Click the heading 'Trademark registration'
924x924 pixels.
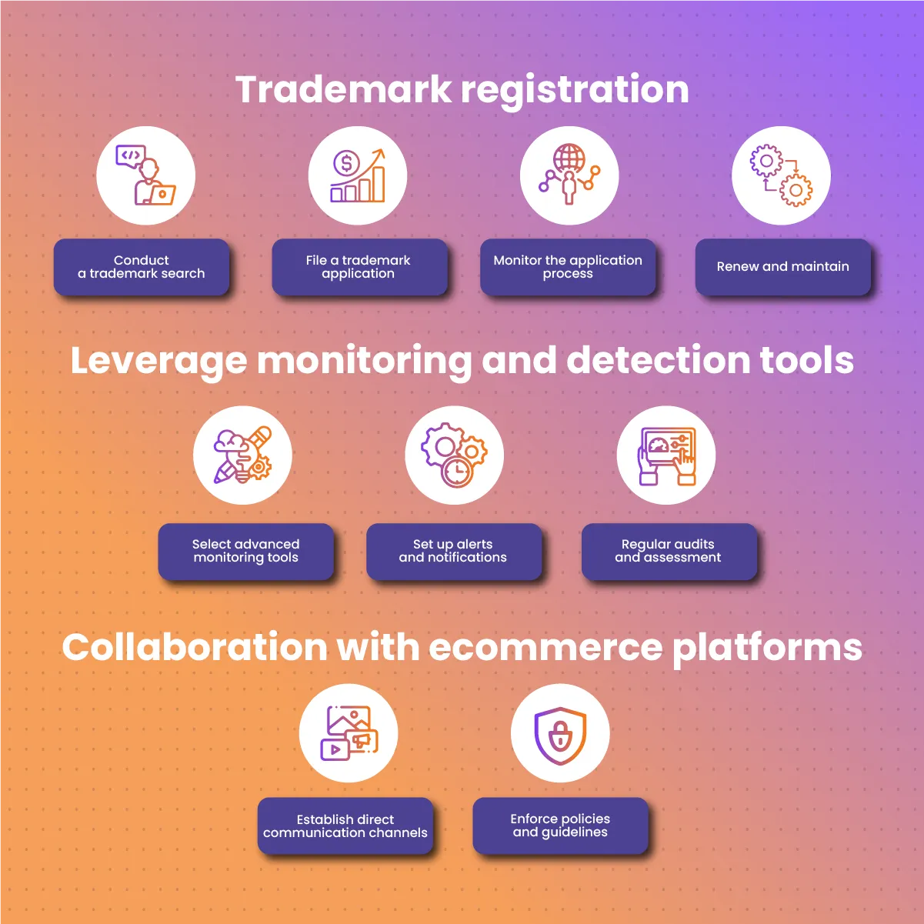[462, 90]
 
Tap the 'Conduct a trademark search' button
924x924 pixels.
[142, 267]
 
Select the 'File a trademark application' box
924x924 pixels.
[359, 267]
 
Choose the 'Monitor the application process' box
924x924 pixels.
[568, 267]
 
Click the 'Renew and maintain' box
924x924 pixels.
[783, 267]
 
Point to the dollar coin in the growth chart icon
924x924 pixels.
[345, 162]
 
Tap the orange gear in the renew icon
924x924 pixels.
[796, 190]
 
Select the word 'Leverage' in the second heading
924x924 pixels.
[158, 361]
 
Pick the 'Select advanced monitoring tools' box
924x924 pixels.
[246, 552]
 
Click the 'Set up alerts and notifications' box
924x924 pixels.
[454, 552]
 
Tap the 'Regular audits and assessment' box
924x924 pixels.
[669, 552]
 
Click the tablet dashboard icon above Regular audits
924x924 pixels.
[666, 455]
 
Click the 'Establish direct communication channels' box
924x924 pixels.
[345, 826]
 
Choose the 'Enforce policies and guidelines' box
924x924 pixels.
[561, 826]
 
